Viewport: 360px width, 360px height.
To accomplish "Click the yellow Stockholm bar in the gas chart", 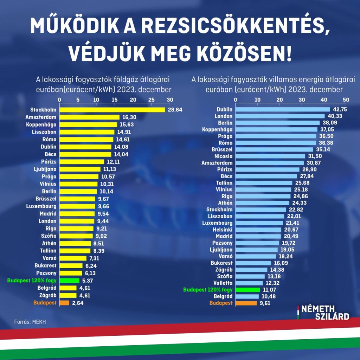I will [x=112, y=110].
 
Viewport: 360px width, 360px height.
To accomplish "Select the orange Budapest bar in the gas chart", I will [x=64, y=303].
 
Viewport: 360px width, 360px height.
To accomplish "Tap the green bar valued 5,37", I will [x=69, y=281].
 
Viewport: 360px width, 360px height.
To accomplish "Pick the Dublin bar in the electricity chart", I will [x=283, y=110].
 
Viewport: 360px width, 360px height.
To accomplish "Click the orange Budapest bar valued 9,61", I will [x=246, y=303].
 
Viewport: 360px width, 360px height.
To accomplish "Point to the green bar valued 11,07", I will [x=247, y=290].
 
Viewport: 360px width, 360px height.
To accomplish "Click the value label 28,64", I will [x=175, y=110].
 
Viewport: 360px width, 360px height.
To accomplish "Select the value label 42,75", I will [x=340, y=110].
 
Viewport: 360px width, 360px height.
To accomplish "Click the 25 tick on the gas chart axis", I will [x=152, y=100].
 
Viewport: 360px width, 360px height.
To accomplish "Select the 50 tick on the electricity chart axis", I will [x=346, y=100].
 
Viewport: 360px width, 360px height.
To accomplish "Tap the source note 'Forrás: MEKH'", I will [x=30, y=321].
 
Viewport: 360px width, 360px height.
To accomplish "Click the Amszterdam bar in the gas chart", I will [x=90, y=117].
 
